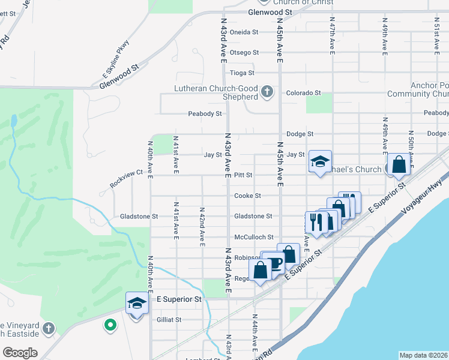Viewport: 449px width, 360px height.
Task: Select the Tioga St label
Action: tap(243, 73)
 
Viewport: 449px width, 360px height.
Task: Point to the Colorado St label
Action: tap(303, 93)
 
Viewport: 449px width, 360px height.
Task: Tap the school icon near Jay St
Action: tap(320, 161)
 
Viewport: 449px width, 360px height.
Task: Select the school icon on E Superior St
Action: tap(137, 304)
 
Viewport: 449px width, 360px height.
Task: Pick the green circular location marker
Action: tap(110, 326)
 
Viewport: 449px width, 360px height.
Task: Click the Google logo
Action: tap(20, 353)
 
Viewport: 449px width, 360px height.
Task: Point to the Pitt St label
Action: tap(243, 175)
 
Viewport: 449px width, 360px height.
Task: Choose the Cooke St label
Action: tap(247, 196)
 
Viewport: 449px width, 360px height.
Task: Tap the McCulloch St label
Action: tap(254, 237)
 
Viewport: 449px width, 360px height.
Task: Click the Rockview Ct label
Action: tap(126, 179)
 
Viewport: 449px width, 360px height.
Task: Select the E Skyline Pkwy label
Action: tap(116, 64)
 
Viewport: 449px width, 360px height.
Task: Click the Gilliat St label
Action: tap(168, 320)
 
